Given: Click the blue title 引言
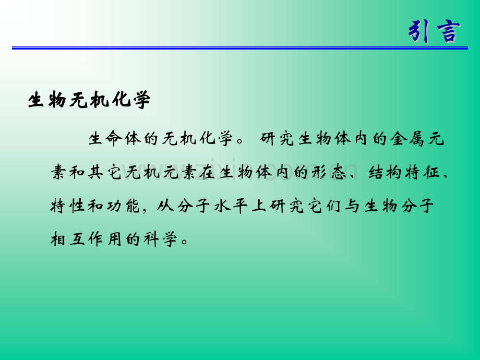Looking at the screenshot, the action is click(x=434, y=31).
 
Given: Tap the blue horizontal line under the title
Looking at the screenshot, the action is click(x=240, y=48).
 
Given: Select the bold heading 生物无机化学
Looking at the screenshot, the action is click(x=89, y=100).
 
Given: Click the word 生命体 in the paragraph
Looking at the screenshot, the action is click(x=115, y=138).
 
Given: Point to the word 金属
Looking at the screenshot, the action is click(x=407, y=138).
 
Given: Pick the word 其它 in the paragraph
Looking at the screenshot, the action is click(x=105, y=172).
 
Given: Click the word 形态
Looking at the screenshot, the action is click(x=329, y=172).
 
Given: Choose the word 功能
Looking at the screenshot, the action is click(x=124, y=206).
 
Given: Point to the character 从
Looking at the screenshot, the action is click(x=166, y=206).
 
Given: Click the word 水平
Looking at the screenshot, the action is click(x=231, y=206).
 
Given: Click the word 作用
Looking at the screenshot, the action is click(x=105, y=239).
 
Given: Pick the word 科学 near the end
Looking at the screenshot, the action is click(x=161, y=239).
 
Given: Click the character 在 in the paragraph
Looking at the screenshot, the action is click(x=208, y=172).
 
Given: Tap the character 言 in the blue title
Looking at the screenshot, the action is click(x=449, y=31).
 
